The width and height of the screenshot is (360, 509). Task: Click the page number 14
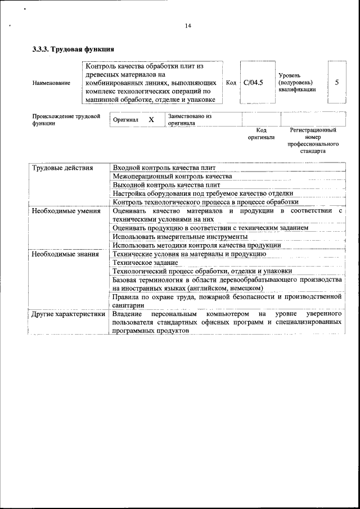(x=188, y=26)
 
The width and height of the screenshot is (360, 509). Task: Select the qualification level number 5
(x=336, y=83)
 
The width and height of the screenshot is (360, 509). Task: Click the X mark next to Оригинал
(x=151, y=120)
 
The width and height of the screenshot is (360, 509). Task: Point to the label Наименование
(x=51, y=83)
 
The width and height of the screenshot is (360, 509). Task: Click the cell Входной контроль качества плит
(x=164, y=168)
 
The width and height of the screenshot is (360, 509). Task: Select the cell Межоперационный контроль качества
(x=172, y=177)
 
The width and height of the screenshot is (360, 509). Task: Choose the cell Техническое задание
(x=145, y=262)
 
